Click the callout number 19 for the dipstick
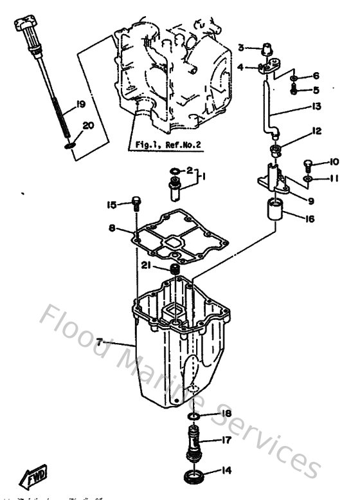(x=80, y=104)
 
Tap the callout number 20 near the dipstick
(x=88, y=125)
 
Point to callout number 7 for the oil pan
(x=100, y=340)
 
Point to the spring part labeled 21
(x=173, y=268)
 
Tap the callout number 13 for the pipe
(x=316, y=106)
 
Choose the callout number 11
(x=316, y=178)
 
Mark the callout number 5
(x=316, y=90)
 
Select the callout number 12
(x=316, y=131)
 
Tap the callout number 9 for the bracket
(x=310, y=199)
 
